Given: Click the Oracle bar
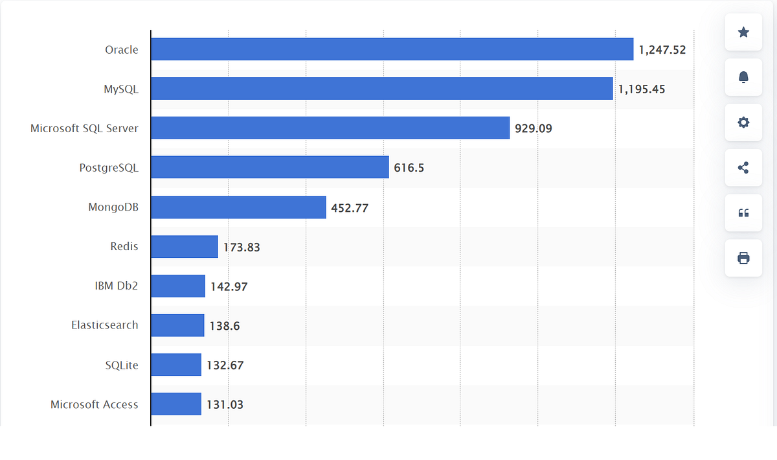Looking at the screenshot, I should pos(392,49).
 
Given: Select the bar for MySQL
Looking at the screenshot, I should pos(381,89).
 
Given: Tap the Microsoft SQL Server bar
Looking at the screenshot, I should pos(330,128).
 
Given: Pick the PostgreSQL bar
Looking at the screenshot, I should pos(269,168).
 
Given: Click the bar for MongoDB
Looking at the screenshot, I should pos(238,207).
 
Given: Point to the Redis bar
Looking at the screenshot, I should pos(185,247).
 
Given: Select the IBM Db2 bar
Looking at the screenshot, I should pos(178,286).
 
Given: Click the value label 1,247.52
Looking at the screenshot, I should pos(662,50).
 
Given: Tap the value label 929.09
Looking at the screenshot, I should pos(533,128).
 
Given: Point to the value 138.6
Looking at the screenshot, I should pos(224,326).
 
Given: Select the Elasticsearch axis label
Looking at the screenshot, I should pos(105,325).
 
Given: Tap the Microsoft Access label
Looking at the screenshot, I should pos(95,404).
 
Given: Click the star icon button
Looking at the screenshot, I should pos(743,32).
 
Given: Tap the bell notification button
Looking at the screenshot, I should pos(743,77).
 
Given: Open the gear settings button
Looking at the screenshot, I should pos(743,122).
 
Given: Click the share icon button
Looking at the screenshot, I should pos(743,168).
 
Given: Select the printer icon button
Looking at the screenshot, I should pos(743,258).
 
